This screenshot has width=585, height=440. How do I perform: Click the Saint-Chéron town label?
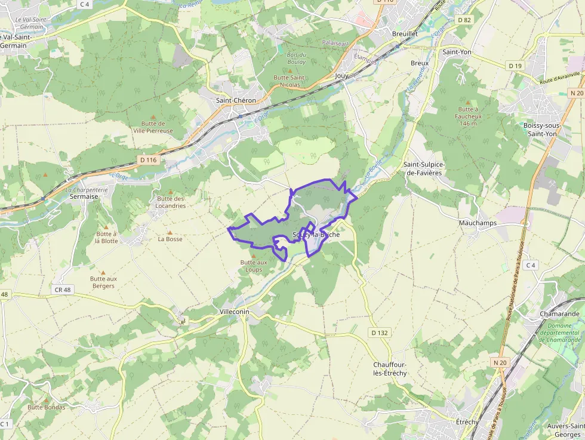coord(236,100)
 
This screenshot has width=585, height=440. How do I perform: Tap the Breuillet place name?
coord(405,34)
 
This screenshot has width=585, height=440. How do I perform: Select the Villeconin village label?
coord(234,312)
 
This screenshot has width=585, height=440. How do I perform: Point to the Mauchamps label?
coord(478,223)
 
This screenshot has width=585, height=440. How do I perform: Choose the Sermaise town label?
coord(84,196)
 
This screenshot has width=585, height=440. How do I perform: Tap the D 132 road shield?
coord(379,333)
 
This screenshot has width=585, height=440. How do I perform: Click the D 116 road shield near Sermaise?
coord(147,160)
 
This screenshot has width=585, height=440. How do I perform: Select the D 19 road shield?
coord(515,65)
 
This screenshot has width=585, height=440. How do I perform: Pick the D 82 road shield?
coord(464,20)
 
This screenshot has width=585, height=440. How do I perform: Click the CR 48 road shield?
coord(62,290)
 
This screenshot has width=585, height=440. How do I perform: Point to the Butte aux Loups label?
coord(254,266)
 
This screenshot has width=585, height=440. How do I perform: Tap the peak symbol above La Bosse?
coord(170,233)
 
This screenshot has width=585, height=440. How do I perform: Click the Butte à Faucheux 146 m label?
coord(469,116)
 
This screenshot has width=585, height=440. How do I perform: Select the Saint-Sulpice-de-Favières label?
coord(426,168)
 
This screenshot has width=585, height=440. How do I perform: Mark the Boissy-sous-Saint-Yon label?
coord(541,130)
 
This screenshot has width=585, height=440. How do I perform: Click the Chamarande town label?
coord(559,314)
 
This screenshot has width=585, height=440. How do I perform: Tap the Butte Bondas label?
coord(46,407)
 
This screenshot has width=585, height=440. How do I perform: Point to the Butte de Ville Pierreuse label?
coord(153,127)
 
